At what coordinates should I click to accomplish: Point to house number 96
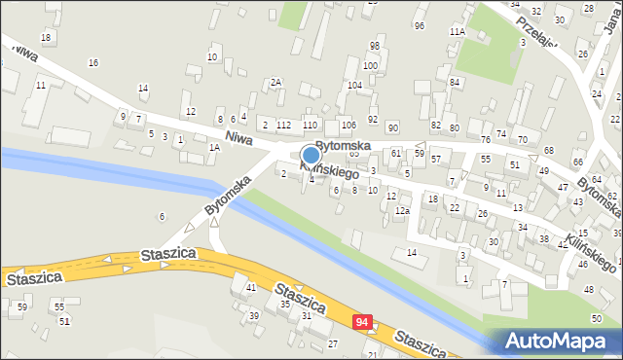(x=419, y=25)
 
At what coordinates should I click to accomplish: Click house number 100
(x=370, y=65)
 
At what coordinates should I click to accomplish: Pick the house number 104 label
(x=354, y=86)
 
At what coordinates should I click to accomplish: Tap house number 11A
(x=458, y=32)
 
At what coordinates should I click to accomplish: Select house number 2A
(x=275, y=82)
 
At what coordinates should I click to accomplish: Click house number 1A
(x=214, y=147)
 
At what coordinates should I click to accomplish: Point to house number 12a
(x=402, y=210)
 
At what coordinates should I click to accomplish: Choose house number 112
(x=283, y=125)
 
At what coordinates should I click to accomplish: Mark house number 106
(x=348, y=126)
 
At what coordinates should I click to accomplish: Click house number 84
(x=455, y=82)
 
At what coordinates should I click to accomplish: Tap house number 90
(x=392, y=127)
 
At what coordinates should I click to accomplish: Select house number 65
(x=354, y=154)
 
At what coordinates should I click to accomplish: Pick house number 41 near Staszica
(x=250, y=287)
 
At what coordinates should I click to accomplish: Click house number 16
(x=93, y=62)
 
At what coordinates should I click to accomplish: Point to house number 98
(x=374, y=46)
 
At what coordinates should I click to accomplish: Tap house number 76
(x=485, y=139)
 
